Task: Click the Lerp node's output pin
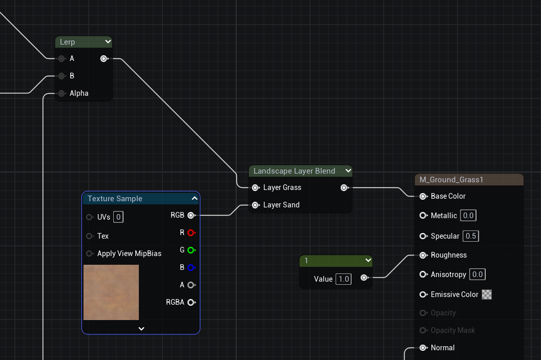pos(104,59)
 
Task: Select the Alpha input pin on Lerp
pos(62,93)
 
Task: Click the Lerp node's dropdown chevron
pos(108,42)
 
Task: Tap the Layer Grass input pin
pos(255,188)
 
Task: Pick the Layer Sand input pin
pos(255,205)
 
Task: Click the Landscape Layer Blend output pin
pos(344,188)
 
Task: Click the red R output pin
pos(191,233)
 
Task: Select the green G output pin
pos(191,250)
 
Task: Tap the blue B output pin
pos(191,267)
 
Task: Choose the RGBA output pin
pos(191,303)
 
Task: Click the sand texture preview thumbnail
pos(111,292)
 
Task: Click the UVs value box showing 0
pos(118,217)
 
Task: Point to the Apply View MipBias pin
pos(90,253)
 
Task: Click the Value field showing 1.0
pos(343,279)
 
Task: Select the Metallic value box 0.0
pos(468,216)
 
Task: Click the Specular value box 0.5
pos(470,236)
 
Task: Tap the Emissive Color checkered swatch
pos(487,294)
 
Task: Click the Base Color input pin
pos(423,196)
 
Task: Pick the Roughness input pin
pos(423,255)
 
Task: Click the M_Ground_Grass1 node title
pos(451,180)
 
